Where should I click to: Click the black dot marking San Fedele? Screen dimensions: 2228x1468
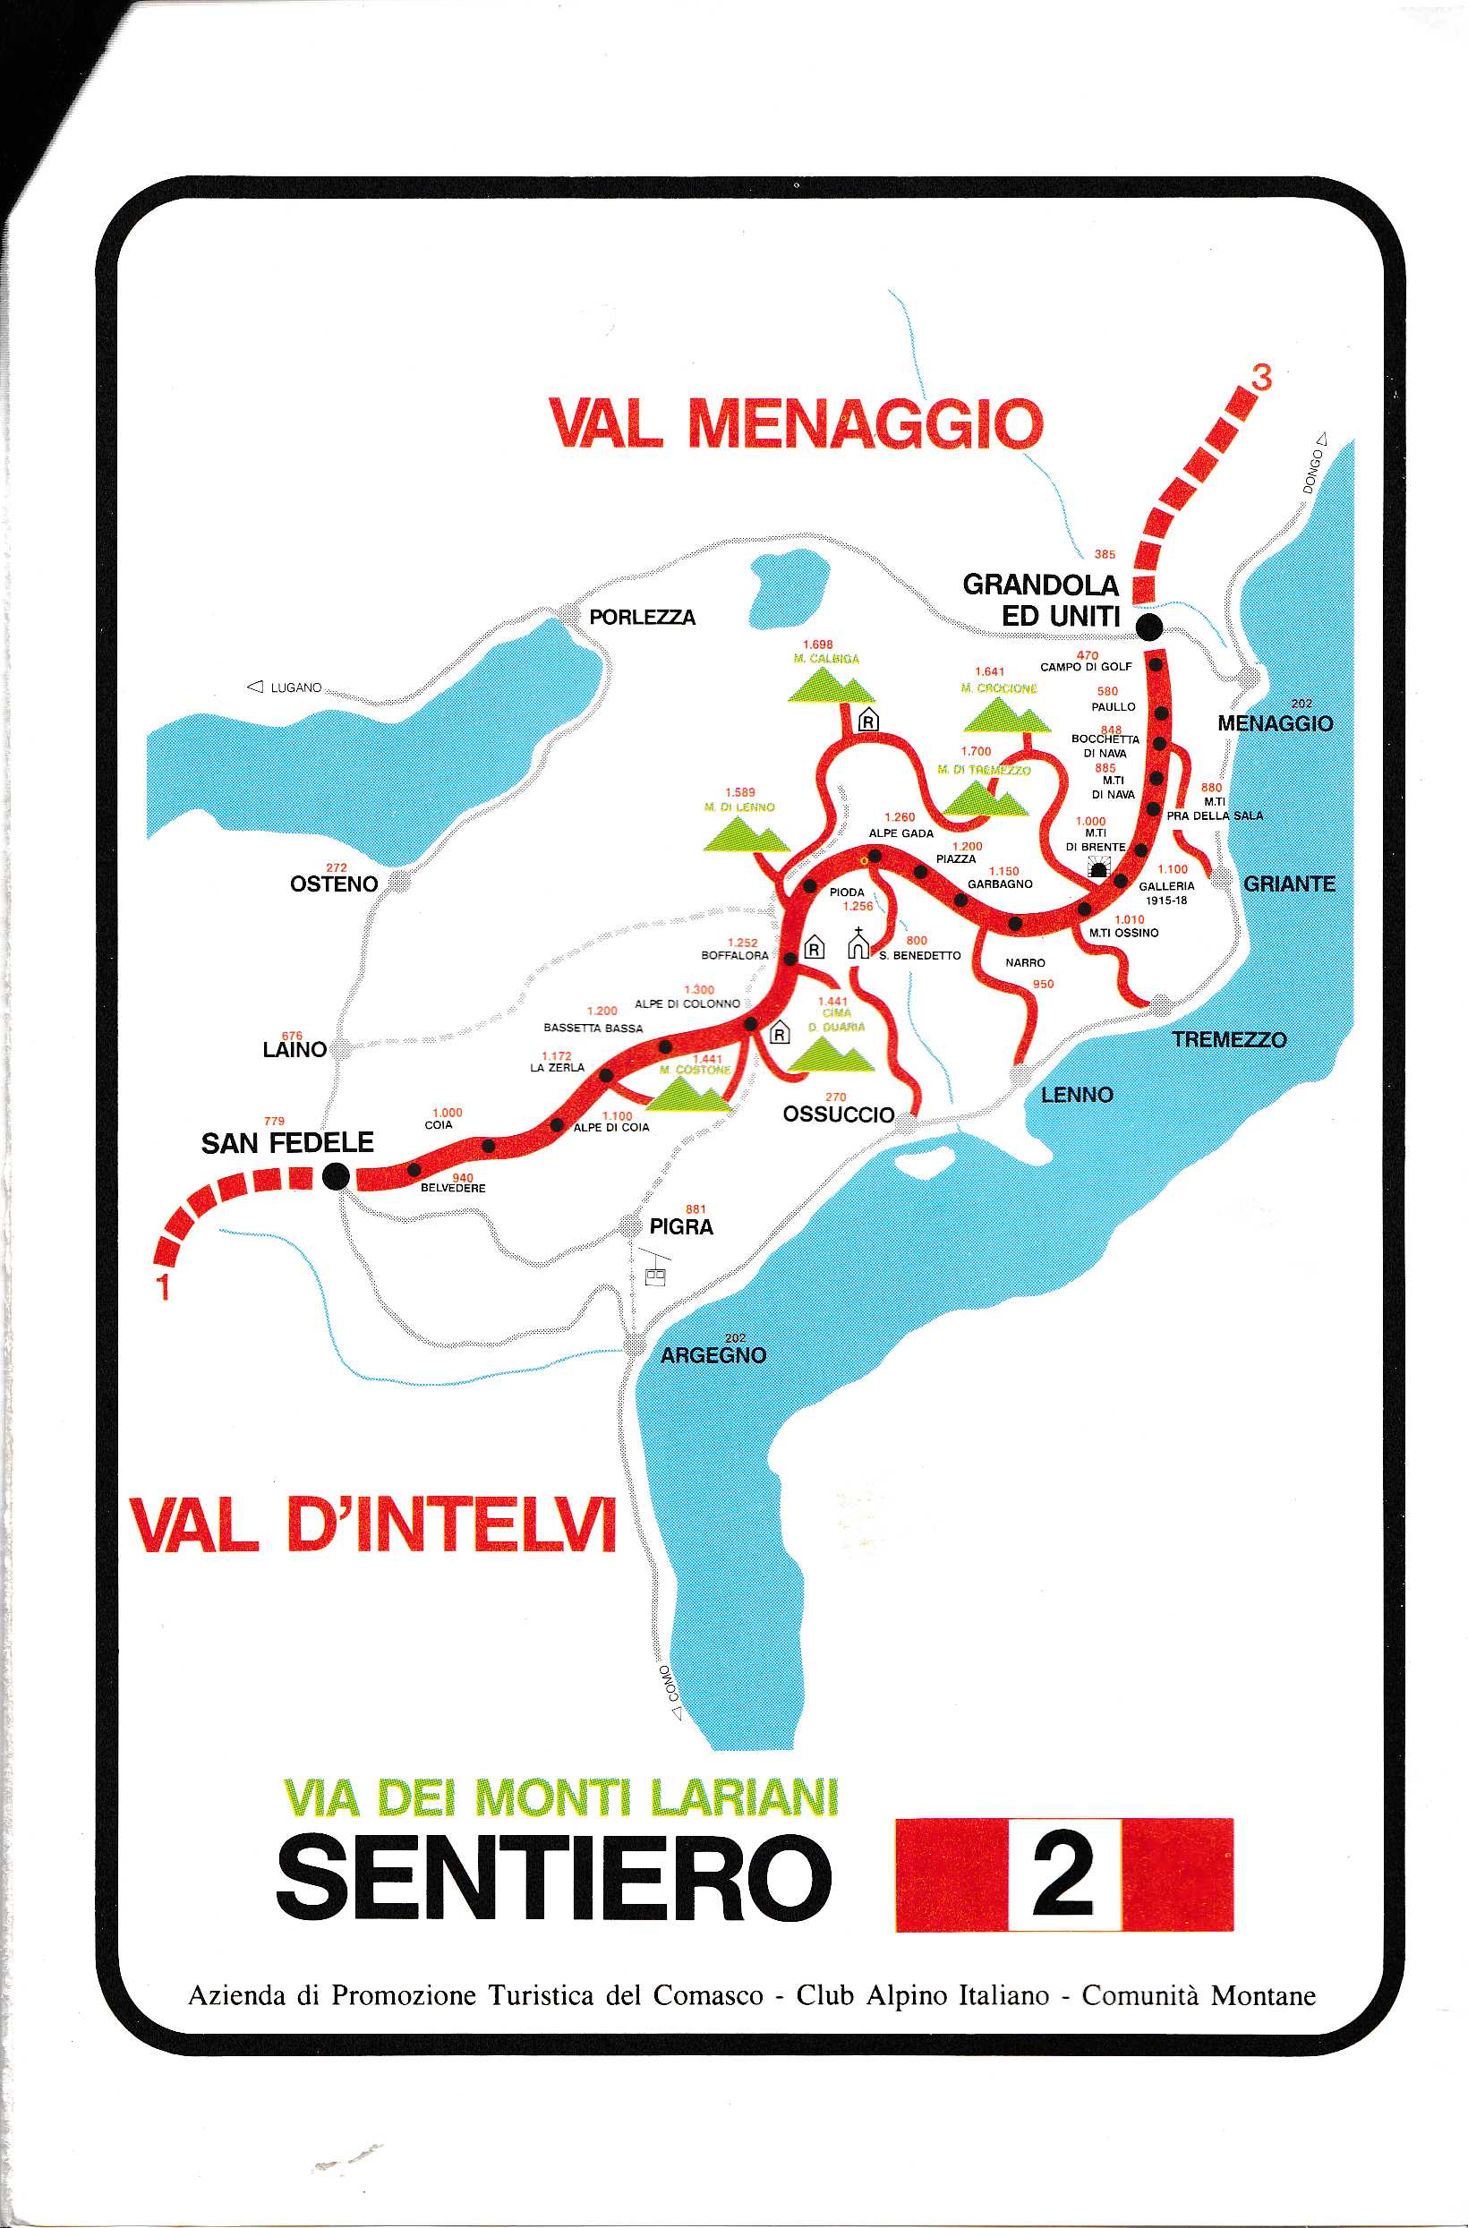(335, 1177)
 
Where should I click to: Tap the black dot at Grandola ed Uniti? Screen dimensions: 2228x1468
(1148, 627)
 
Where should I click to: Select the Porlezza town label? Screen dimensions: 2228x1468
(643, 618)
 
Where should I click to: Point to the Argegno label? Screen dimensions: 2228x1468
(713, 1355)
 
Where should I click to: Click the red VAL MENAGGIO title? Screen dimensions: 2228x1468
(796, 424)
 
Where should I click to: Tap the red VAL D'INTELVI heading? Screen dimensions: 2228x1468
(372, 1526)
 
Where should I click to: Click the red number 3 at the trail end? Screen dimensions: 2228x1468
(1262, 379)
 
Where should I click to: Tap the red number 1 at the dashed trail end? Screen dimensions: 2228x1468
(164, 1287)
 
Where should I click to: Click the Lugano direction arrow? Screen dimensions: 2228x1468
(254, 687)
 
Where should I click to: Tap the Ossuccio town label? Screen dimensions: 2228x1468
(838, 1114)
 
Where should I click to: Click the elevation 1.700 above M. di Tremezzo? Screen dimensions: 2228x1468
(976, 752)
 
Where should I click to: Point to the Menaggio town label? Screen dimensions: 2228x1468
(1276, 723)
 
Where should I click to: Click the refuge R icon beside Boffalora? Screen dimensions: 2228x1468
(815, 948)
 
